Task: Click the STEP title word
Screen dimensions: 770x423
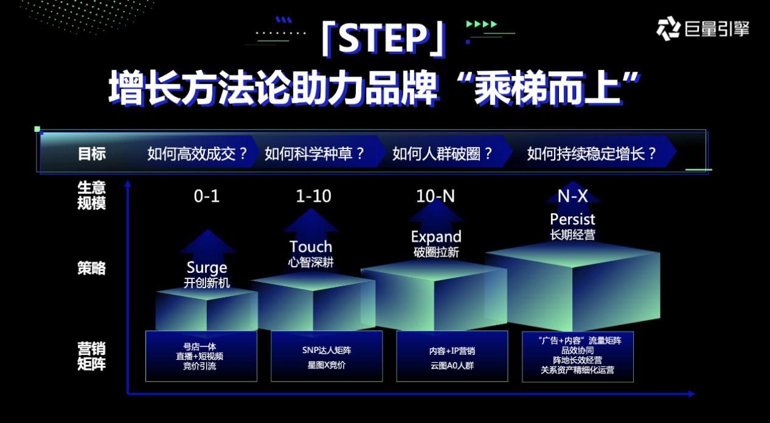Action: point(384,39)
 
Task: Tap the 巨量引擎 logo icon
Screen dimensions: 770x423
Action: point(668,29)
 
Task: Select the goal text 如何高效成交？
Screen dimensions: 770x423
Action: point(197,154)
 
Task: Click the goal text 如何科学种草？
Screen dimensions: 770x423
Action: point(314,154)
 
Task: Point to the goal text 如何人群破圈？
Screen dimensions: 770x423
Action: point(442,154)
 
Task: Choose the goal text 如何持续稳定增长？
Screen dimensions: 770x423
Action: point(592,154)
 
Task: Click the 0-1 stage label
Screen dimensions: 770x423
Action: point(207,196)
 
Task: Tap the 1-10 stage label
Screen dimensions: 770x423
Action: point(313,196)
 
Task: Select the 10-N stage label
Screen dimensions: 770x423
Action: point(435,196)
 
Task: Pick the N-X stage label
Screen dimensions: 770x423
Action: point(572,196)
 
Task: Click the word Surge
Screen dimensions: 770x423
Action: point(207,267)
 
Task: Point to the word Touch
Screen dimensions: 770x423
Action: point(311,247)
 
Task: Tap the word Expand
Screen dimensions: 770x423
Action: point(436,237)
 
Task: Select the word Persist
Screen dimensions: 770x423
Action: point(572,219)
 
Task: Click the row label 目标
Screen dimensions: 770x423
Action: point(91,154)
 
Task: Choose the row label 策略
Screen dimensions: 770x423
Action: point(91,268)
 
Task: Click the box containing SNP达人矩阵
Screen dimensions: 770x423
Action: point(327,356)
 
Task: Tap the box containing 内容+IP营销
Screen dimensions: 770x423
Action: point(452,356)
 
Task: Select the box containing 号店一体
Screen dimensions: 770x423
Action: point(201,356)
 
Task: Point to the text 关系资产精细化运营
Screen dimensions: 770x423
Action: point(578,370)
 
